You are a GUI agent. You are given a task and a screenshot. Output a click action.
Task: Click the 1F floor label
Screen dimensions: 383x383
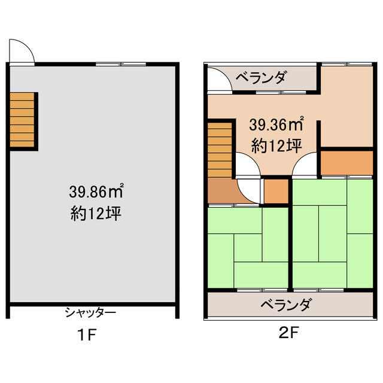(87, 335)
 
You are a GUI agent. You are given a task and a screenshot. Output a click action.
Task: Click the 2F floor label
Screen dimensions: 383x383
(289, 332)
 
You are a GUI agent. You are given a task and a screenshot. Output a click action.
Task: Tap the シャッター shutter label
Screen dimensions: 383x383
(90, 313)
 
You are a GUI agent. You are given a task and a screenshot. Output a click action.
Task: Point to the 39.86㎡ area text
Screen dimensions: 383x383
(96, 191)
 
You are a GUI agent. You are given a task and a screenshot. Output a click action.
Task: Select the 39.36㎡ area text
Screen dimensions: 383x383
(276, 124)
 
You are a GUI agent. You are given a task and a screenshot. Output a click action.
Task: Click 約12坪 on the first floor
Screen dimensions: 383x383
(96, 213)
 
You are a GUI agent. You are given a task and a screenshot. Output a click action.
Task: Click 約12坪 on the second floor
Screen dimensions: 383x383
(276, 146)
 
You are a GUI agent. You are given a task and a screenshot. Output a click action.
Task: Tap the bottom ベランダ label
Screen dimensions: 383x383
(287, 305)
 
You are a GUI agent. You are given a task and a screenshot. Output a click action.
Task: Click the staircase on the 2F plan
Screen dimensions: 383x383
(220, 150)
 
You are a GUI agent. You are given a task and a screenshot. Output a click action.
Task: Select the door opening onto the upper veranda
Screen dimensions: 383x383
(220, 80)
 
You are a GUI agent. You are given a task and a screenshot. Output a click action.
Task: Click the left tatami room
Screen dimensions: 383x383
(248, 247)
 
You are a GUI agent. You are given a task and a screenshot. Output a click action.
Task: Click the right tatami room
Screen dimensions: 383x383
(333, 234)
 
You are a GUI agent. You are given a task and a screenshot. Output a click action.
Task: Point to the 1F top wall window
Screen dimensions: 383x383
(121, 64)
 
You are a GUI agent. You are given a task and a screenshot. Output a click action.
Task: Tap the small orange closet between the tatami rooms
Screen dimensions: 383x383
(276, 191)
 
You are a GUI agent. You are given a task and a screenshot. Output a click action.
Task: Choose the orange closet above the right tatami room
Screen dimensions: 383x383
(347, 163)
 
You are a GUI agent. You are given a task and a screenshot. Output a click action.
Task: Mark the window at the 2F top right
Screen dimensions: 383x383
(347, 64)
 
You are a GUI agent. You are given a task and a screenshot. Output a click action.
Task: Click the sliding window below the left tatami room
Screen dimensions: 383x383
(262, 290)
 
